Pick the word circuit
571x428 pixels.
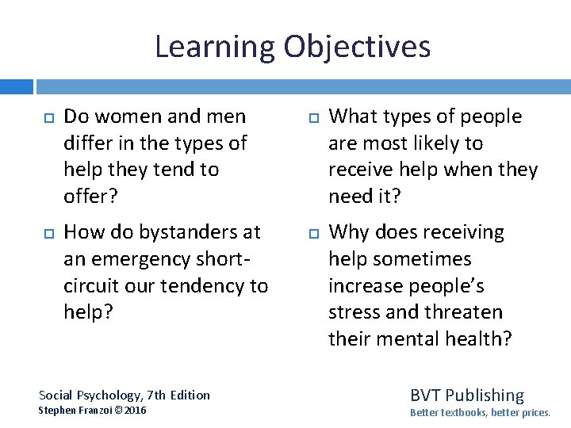[x=88, y=285]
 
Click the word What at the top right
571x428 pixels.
[x=351, y=117]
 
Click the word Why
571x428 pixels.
[x=348, y=232]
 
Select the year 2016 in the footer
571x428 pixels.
[x=134, y=410]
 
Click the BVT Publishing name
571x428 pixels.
[x=466, y=395]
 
